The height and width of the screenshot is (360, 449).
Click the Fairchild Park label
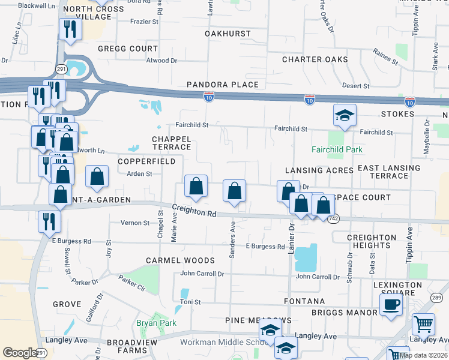[x=338, y=149]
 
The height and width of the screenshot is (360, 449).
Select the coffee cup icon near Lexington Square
[x=391, y=305]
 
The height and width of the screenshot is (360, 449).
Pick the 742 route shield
[x=334, y=220]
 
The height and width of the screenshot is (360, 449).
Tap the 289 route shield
[x=436, y=298]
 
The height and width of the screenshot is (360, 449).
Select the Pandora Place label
[x=222, y=85]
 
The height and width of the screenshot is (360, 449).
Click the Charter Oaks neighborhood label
[x=315, y=59]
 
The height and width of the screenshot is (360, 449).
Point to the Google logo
[x=20, y=352]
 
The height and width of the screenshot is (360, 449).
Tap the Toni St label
[x=190, y=302]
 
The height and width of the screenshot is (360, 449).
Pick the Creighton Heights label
[x=372, y=241]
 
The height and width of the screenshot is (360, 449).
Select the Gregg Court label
[x=127, y=48]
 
